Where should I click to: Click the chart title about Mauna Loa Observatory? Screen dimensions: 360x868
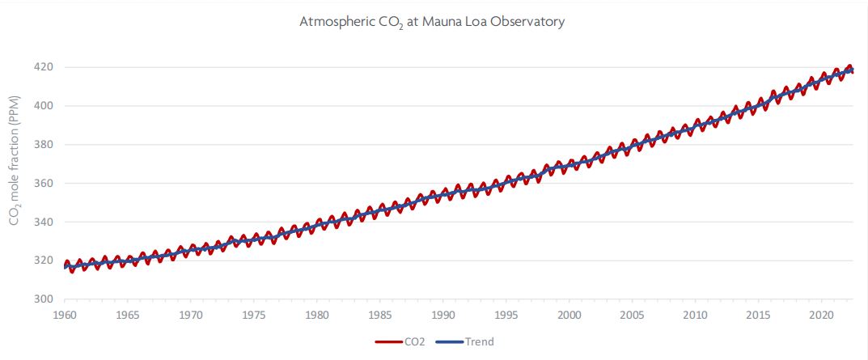pyautogui.click(x=431, y=22)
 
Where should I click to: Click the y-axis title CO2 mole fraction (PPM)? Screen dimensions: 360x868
pyautogui.click(x=15, y=177)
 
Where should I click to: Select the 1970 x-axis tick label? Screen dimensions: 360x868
pyautogui.click(x=191, y=314)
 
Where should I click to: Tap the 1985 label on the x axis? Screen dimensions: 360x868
pyautogui.click(x=380, y=314)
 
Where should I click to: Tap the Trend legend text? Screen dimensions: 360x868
pyautogui.click(x=479, y=341)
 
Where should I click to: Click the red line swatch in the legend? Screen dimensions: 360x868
pyautogui.click(x=390, y=341)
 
